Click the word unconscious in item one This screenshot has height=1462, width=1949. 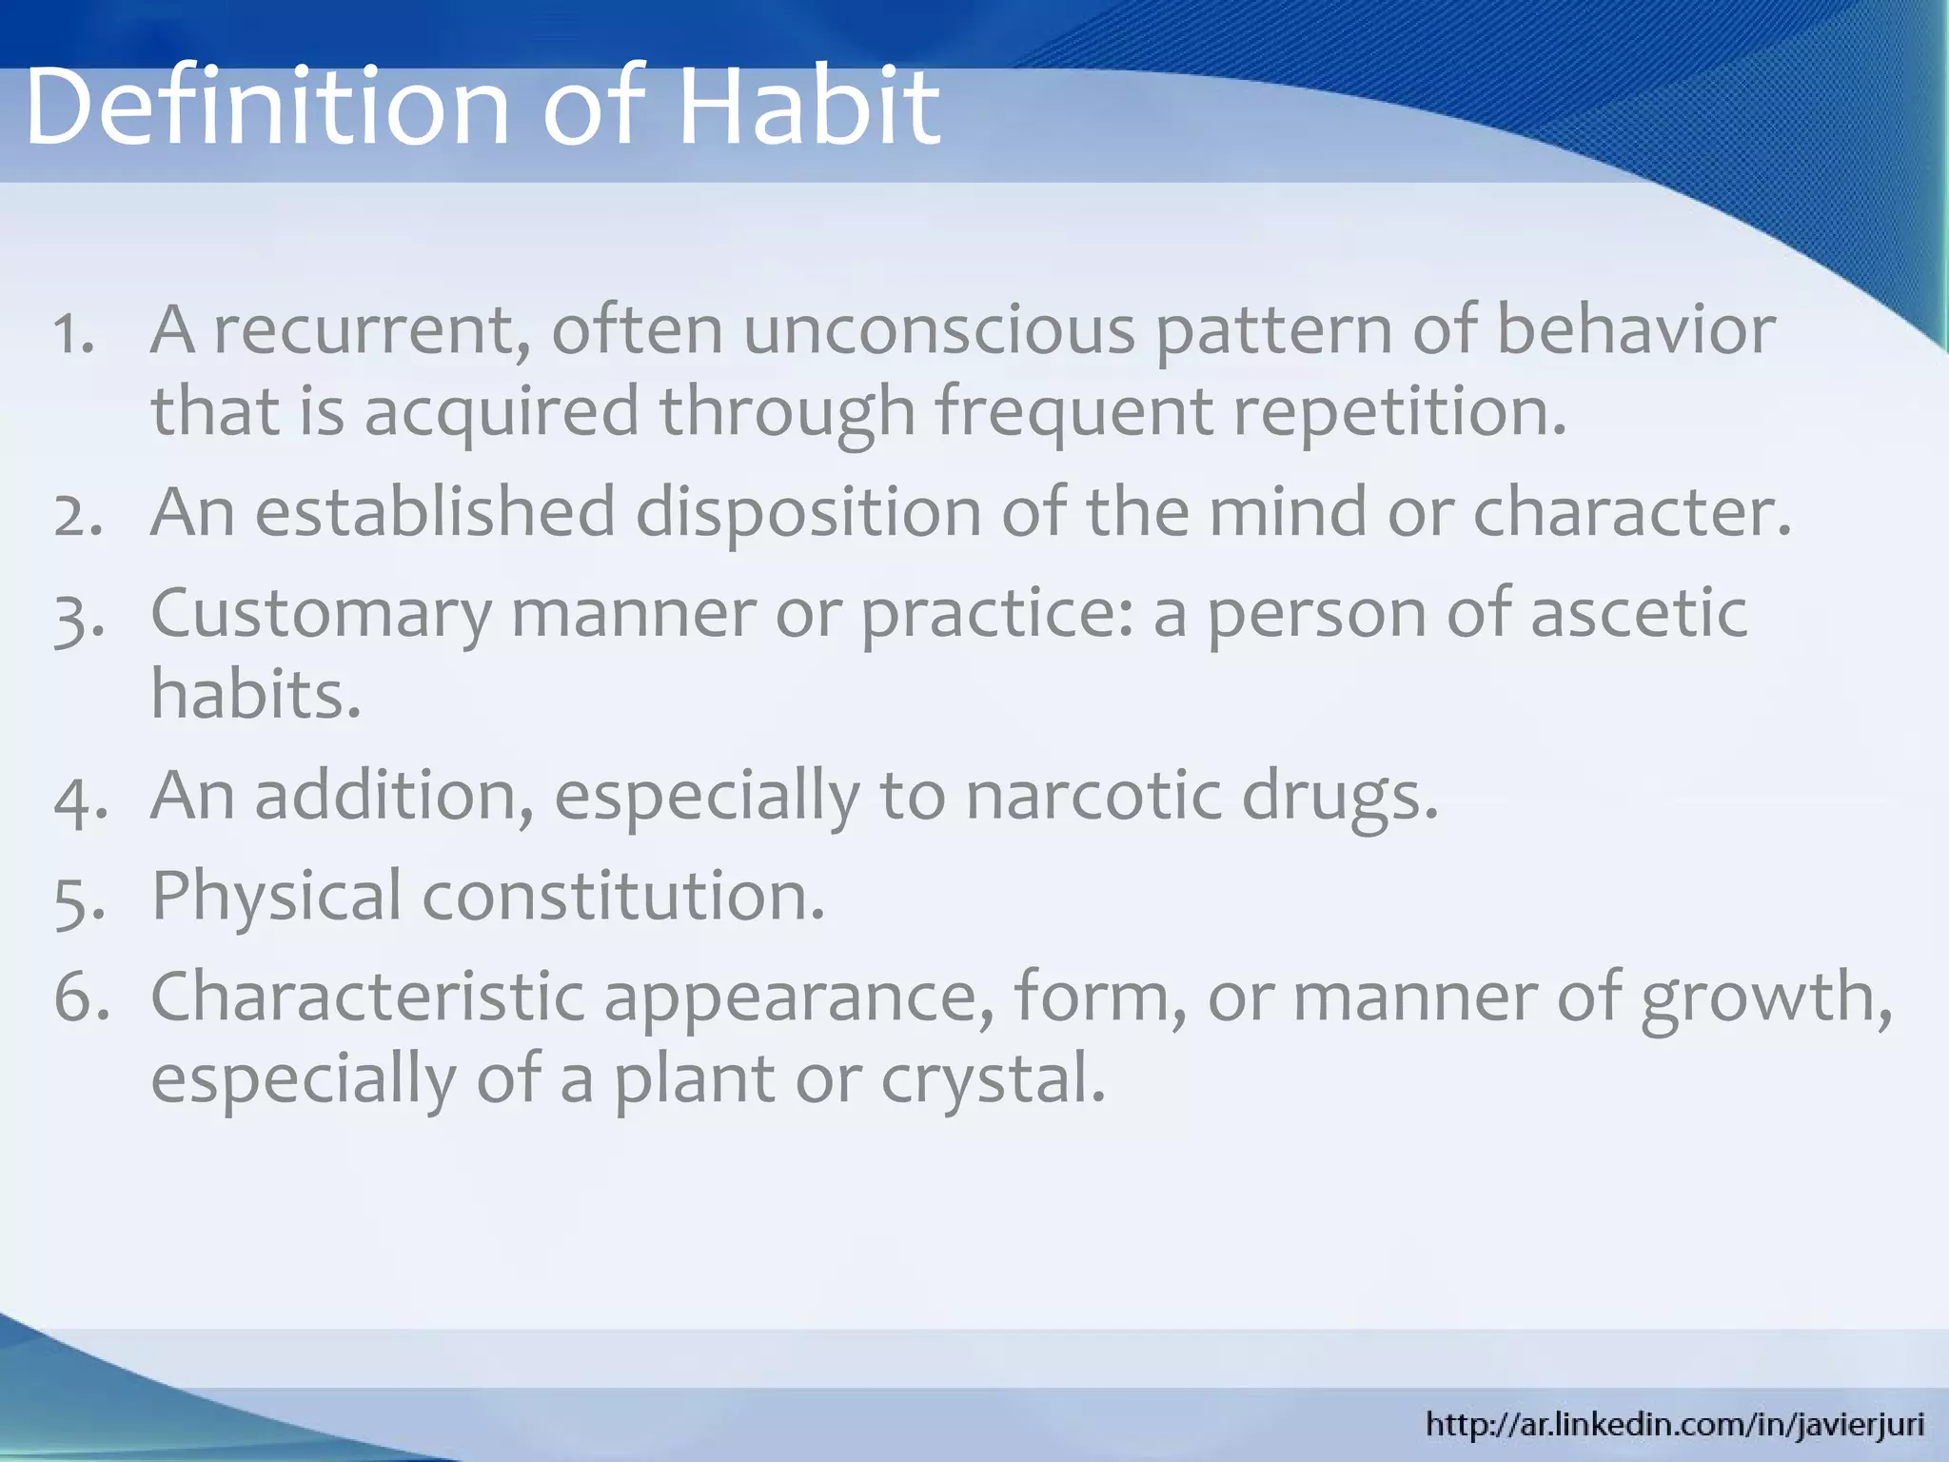938,330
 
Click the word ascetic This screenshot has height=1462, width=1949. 1638,613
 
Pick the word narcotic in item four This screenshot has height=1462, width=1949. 1093,796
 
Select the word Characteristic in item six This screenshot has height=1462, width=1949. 367,998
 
